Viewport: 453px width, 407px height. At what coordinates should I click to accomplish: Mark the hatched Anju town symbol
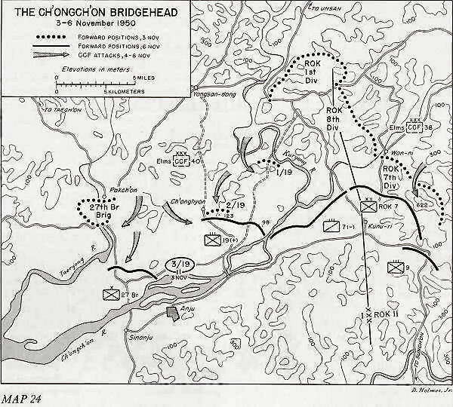click(x=173, y=311)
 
